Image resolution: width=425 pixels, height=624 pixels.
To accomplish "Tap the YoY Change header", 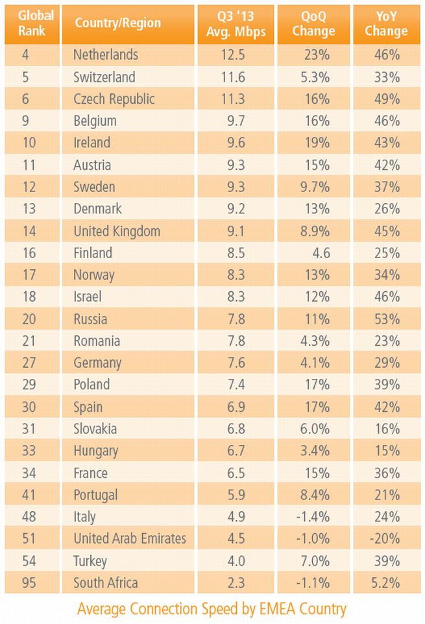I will pos(386,23).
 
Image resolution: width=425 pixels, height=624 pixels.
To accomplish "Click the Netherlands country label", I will pos(106,55).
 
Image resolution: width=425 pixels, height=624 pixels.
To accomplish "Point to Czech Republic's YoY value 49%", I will pos(386,99).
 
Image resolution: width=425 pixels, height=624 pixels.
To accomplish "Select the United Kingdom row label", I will pos(117,232).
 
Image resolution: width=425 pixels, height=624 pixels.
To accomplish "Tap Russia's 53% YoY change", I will pos(386,319).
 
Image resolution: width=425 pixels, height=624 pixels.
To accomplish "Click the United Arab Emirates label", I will pos(130,539).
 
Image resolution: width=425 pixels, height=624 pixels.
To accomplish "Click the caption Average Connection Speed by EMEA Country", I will pos(212,609).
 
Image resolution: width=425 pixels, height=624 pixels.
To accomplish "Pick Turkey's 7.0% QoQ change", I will pos(315,561).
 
